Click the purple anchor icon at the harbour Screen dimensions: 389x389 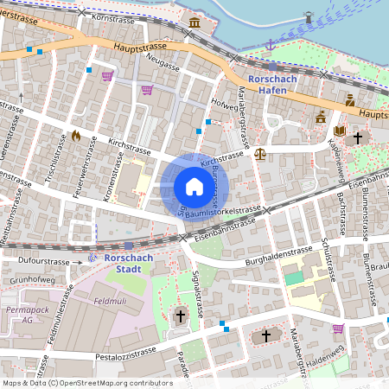(269, 44)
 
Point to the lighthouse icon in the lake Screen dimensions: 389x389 (307, 16)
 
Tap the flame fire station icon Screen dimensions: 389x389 (76, 136)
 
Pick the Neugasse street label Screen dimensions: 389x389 (163, 66)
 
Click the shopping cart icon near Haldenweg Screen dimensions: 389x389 (338, 328)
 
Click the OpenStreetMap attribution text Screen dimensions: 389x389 (86, 383)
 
